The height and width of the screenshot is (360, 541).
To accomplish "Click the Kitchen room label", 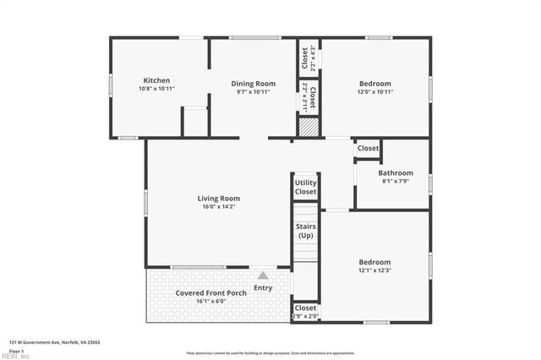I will [156, 81].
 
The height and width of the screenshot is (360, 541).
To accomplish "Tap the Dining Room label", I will [254, 84].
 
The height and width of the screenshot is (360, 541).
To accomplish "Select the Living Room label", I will [219, 199].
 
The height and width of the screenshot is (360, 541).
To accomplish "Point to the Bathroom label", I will [395, 172].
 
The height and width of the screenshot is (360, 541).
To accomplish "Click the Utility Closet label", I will [305, 188].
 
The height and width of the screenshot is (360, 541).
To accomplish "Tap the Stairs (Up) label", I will [305, 231].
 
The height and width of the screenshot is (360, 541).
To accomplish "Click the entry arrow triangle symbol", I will [263, 275].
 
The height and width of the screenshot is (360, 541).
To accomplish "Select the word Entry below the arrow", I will [263, 288].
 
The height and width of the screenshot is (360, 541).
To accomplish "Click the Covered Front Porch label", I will [211, 292].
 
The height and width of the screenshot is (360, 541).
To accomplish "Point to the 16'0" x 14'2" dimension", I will [219, 207].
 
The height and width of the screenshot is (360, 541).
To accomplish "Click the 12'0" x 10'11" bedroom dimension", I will [374, 92].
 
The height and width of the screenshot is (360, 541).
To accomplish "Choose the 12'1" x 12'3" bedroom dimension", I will [374, 271].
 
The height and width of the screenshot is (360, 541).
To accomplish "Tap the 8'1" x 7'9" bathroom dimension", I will [395, 181].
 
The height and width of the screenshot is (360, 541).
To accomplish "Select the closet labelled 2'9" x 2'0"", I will [305, 312].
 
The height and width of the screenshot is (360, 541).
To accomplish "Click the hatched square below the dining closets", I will [309, 127].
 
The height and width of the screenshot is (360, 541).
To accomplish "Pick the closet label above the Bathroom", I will [368, 149].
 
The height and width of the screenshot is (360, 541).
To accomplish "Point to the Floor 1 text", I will [17, 350].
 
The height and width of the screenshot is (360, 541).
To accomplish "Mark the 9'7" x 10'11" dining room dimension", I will [254, 92].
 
